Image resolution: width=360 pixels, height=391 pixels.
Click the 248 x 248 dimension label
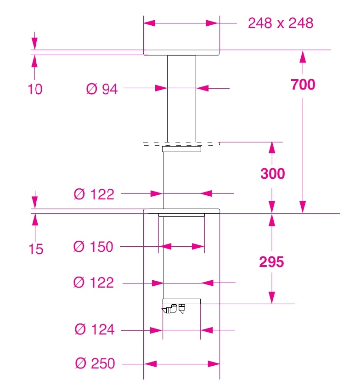point(281,23)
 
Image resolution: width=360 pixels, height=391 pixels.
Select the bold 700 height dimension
point(303,84)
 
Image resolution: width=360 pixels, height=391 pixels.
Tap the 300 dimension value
point(273,174)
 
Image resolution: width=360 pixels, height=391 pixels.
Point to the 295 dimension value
point(271,262)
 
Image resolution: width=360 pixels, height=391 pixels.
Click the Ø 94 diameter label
point(101,89)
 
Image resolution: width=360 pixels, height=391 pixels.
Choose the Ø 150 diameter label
point(93,247)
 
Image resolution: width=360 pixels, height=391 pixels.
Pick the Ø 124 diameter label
point(95,329)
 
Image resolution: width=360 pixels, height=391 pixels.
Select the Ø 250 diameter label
point(95,363)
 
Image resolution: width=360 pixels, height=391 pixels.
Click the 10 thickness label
point(35,89)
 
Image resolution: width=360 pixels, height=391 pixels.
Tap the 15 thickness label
point(36,249)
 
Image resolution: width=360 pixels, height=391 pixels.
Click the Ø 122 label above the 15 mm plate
point(94,194)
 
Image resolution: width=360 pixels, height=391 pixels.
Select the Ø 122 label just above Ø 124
point(94,283)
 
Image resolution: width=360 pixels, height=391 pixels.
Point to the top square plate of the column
point(181,53)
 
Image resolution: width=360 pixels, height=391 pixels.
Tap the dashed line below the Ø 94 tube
point(181,144)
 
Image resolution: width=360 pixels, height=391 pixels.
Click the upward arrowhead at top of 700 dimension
point(303,57)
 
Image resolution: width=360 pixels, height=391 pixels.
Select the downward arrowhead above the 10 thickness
point(34,44)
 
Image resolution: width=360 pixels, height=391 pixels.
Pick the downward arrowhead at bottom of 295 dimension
point(272,298)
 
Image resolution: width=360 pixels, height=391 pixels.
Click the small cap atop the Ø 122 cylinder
point(181,149)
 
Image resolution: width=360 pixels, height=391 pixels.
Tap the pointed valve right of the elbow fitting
point(182,309)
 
